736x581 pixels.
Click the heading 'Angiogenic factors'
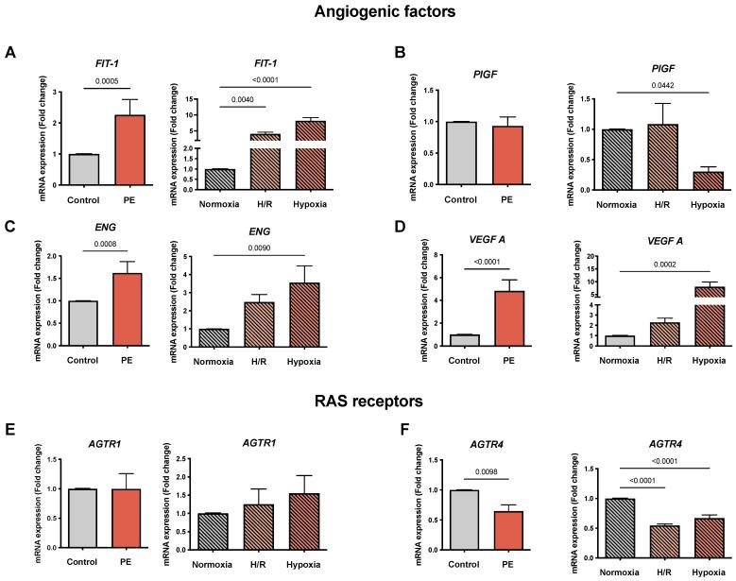point(368,12)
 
